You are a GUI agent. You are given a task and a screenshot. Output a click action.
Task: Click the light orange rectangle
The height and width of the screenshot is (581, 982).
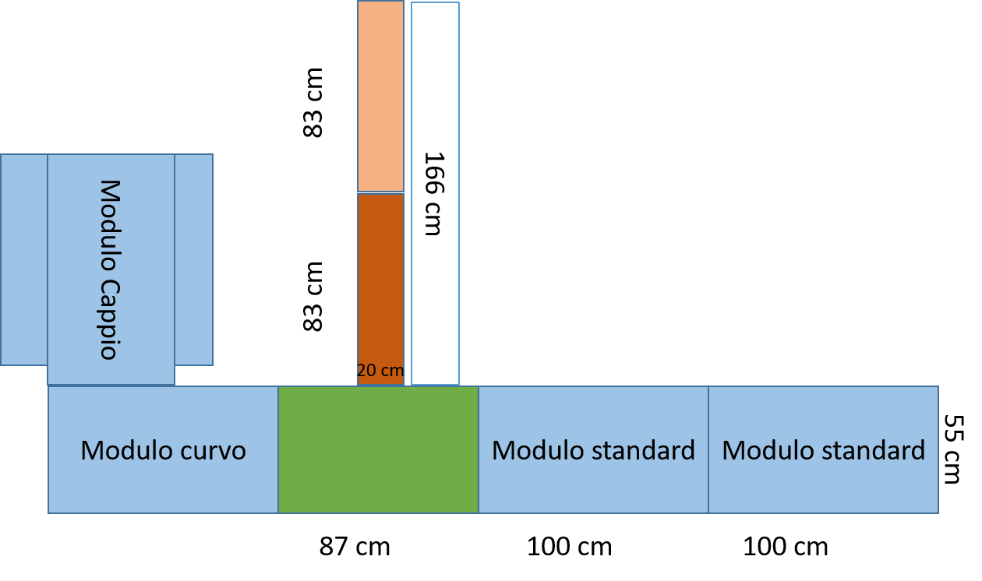click(x=380, y=97)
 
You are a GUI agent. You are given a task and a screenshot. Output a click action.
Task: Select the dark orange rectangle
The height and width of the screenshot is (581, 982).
click(x=380, y=280)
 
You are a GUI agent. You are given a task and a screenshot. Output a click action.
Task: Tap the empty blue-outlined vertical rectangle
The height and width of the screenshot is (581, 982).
click(x=435, y=193)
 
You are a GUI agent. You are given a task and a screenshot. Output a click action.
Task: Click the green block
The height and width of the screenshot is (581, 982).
click(x=378, y=450)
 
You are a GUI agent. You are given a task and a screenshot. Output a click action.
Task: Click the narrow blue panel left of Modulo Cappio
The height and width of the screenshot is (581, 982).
click(x=24, y=259)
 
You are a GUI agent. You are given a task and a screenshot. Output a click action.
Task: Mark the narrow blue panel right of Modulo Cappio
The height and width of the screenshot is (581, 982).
click(x=193, y=259)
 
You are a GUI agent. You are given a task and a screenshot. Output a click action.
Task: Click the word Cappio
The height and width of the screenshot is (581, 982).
click(x=109, y=319)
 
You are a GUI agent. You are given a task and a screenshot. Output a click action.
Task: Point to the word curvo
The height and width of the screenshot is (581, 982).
click(x=213, y=451)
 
